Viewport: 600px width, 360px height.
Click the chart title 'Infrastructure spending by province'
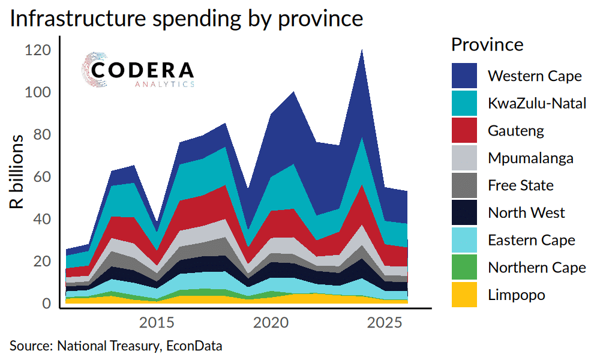pos(186,19)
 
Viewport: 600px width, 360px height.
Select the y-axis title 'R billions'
pos(18,172)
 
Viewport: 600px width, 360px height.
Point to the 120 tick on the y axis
pos(38,51)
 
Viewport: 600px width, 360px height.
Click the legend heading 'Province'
pos(487,44)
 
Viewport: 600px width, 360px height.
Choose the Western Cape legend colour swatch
pos(464,76)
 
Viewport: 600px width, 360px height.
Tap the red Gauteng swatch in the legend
pos(464,130)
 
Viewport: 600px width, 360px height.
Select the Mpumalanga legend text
pos(530,158)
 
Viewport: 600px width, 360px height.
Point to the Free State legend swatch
pos(464,185)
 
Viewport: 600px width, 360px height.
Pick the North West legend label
pos(526,212)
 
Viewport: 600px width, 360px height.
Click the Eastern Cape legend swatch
pos(464,240)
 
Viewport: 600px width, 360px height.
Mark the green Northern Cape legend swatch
pos(464,268)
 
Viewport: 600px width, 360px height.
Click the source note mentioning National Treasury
pos(116,346)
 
